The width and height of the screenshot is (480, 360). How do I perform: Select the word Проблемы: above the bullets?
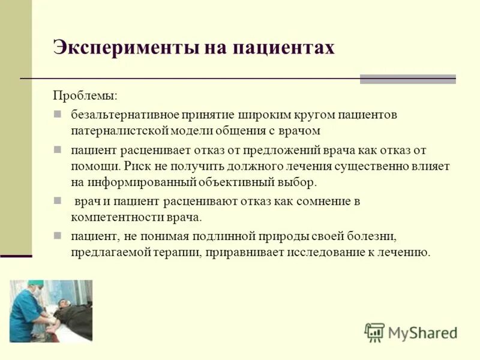[x=85, y=95]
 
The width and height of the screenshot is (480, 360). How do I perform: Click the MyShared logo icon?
[x=374, y=332]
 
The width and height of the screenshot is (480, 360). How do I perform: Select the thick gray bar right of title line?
[x=407, y=79]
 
